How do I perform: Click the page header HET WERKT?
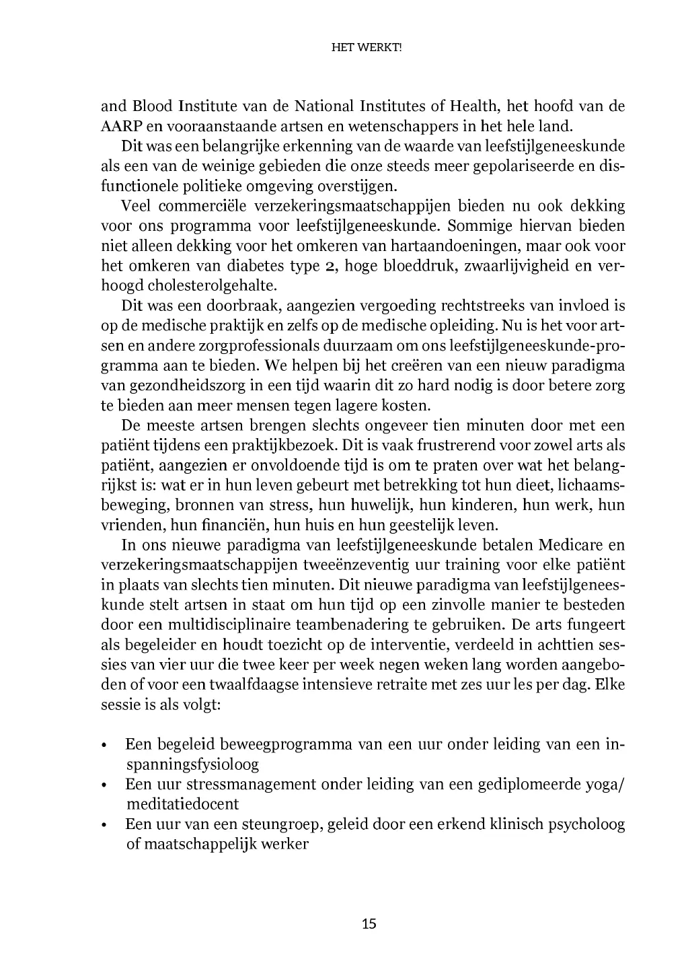[369, 48]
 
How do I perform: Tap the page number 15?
[369, 923]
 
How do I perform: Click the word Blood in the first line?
[153, 106]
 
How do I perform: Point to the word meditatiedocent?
[182, 803]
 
